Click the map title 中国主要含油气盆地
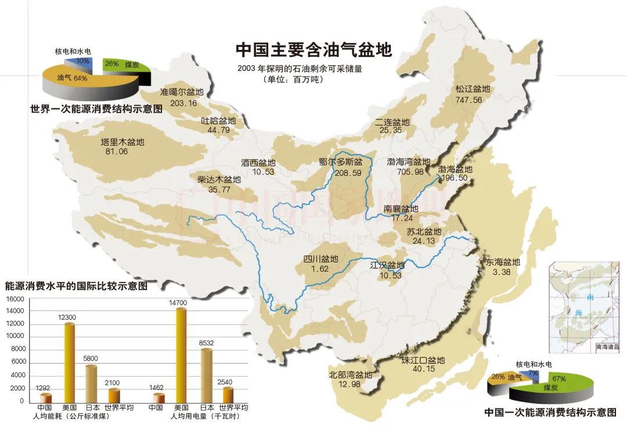[313, 49]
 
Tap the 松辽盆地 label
[473, 89]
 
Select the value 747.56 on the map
[469, 100]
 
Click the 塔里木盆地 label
[122, 142]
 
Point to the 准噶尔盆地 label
[182, 92]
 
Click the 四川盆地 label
[320, 259]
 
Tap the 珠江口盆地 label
[423, 360]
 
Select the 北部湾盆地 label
[350, 375]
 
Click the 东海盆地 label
[501, 262]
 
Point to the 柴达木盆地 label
[218, 179]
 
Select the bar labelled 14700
[181, 354]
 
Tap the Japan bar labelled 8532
[206, 374]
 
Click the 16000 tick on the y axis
[15, 299]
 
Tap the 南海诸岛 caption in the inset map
[607, 346]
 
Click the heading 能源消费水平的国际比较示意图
[76, 286]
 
